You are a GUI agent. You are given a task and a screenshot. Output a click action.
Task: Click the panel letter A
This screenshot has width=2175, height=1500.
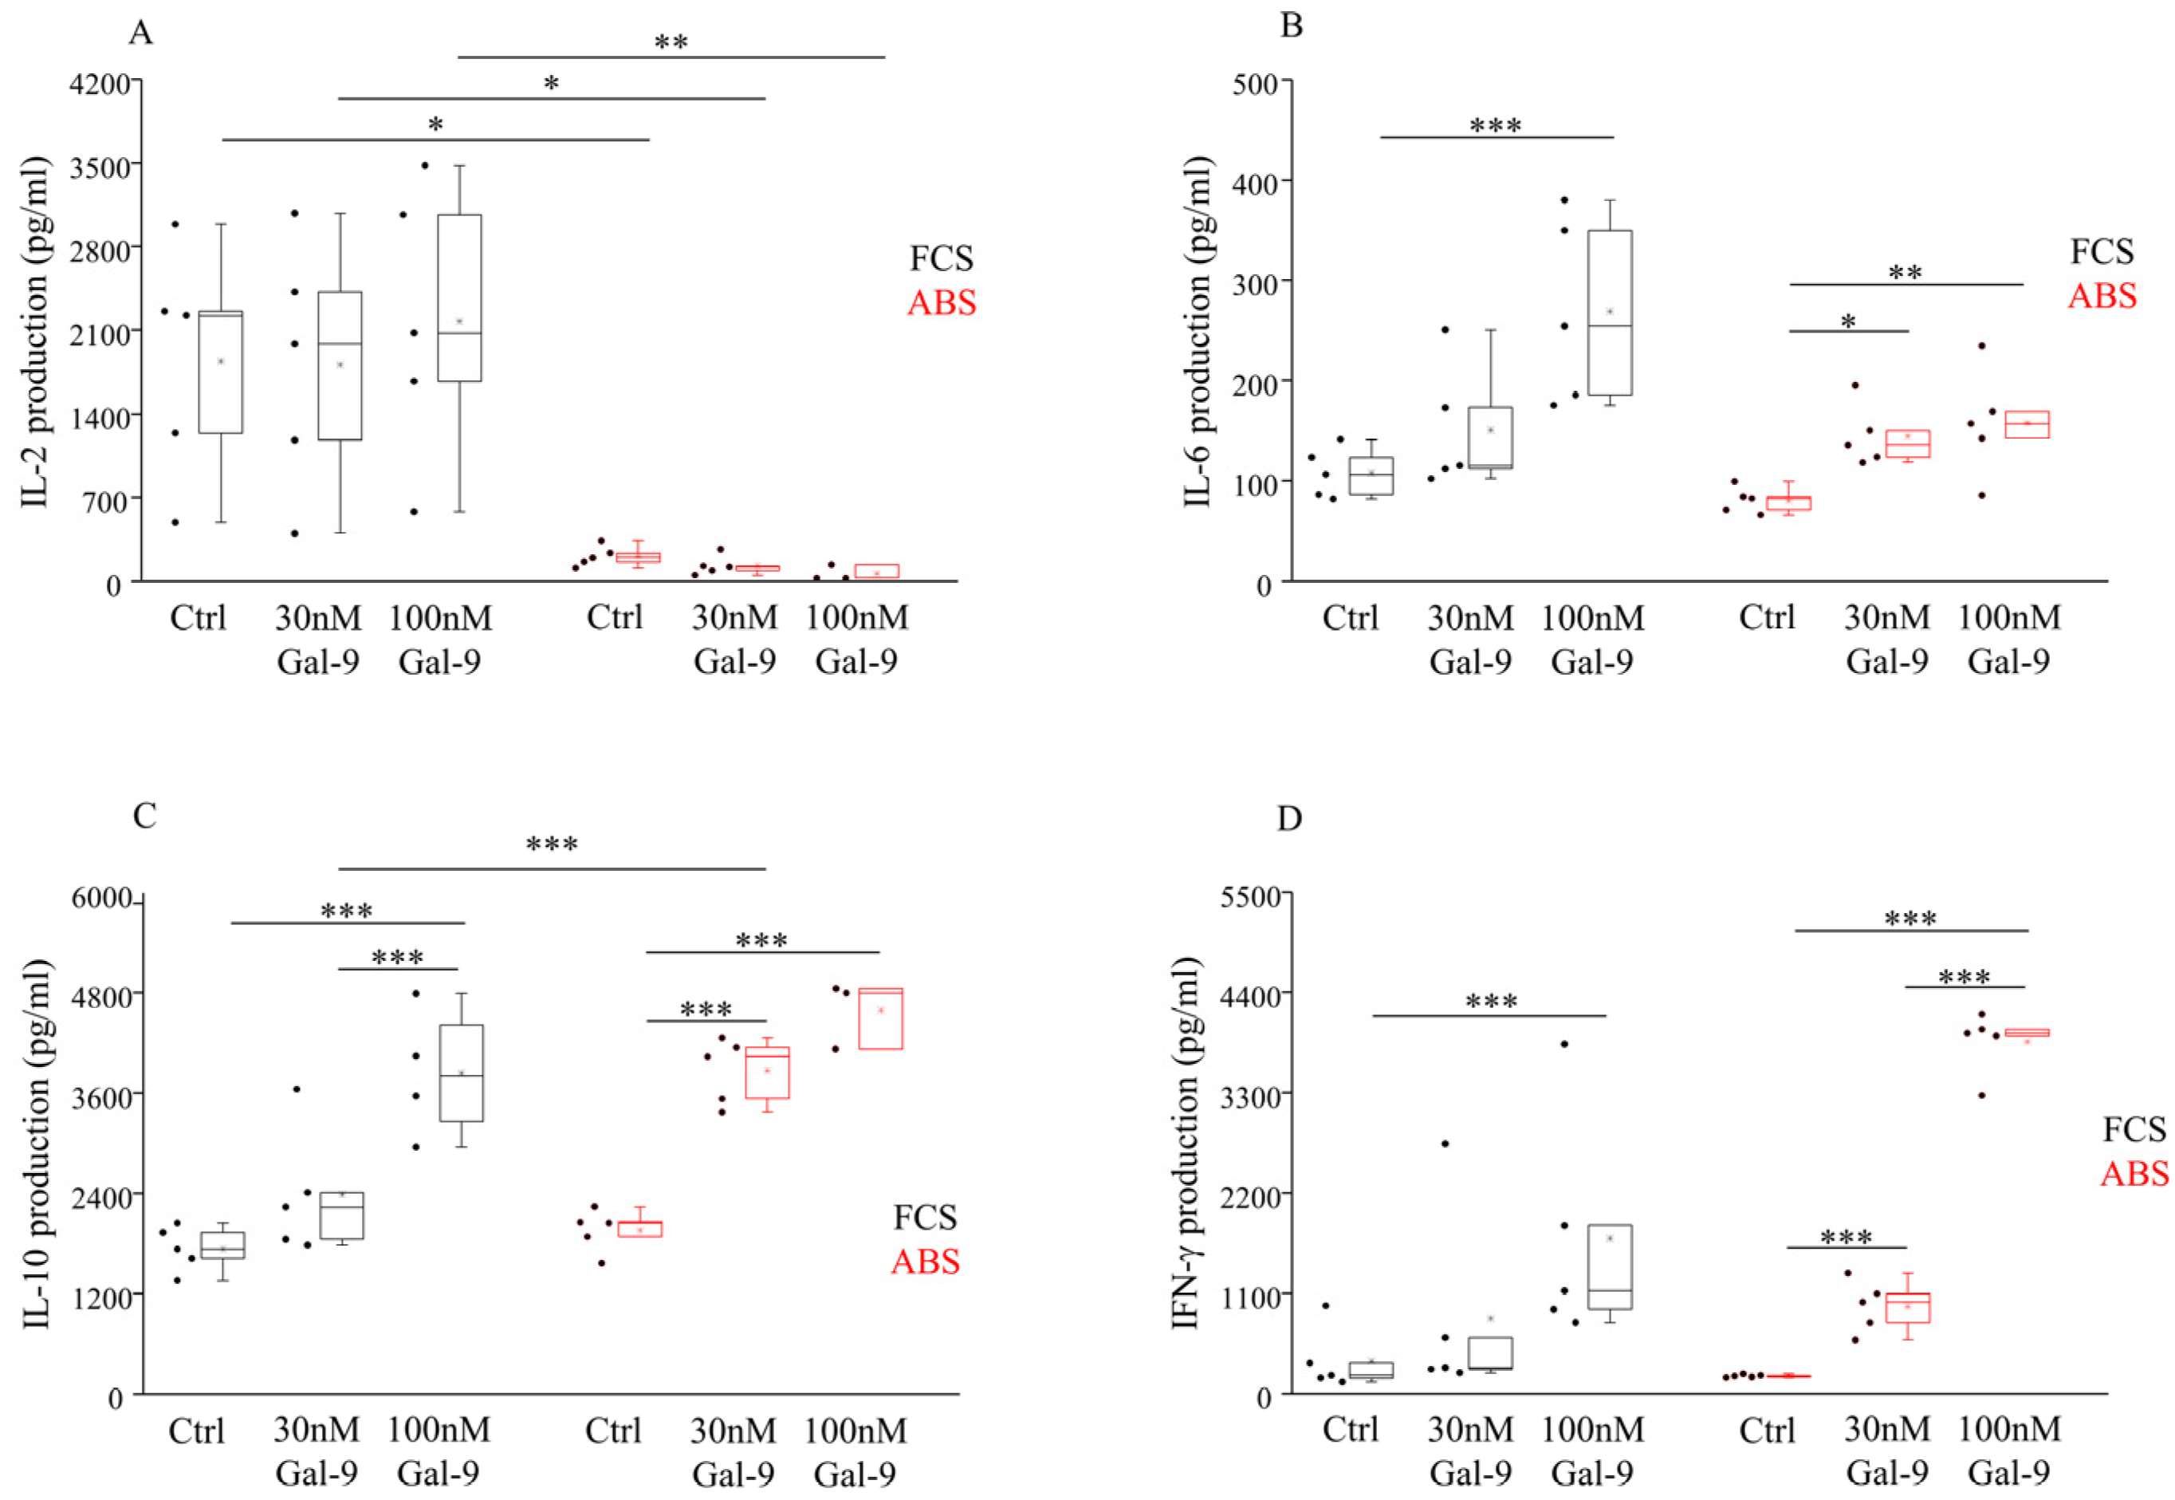pos(140,33)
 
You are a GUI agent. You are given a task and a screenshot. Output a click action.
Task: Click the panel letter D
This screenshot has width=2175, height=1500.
pos(1289,819)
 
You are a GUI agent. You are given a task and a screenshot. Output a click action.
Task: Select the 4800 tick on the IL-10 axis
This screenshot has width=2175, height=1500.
pos(101,994)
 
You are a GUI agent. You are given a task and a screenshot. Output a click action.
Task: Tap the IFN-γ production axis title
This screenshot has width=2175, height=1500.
pos(1186,1143)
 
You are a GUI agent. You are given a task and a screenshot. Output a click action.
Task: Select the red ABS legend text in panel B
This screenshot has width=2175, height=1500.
pos(2102,296)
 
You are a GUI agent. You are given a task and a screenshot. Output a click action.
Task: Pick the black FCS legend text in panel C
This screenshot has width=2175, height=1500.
pos(925,1217)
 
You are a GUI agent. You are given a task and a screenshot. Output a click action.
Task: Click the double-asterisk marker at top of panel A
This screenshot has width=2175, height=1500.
pos(671,42)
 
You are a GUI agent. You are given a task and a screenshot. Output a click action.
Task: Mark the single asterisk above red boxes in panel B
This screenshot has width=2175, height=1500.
pos(1847,322)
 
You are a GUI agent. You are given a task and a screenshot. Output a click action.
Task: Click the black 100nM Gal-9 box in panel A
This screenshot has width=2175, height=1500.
pos(459,298)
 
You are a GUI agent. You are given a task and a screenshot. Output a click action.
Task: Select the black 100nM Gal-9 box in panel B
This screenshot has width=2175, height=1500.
pos(1610,312)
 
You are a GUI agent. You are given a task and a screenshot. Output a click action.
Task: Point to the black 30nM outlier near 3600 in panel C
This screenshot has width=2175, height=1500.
pos(296,1089)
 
